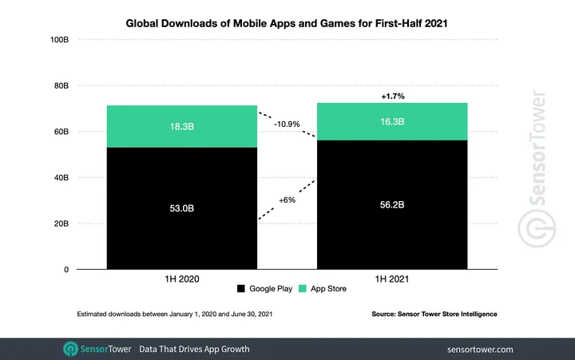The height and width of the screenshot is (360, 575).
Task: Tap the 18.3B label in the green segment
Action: point(182,126)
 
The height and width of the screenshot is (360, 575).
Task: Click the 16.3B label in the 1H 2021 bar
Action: point(391,121)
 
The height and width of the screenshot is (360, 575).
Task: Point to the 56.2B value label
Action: point(391,204)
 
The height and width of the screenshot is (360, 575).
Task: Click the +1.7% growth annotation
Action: point(391,96)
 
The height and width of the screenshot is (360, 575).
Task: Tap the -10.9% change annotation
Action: point(287,125)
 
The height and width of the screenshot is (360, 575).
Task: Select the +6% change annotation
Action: point(287,200)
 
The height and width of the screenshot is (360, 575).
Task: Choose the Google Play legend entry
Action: point(265,288)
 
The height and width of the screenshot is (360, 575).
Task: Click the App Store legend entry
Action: point(323,288)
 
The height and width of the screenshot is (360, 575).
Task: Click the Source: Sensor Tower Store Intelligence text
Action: point(434,315)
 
